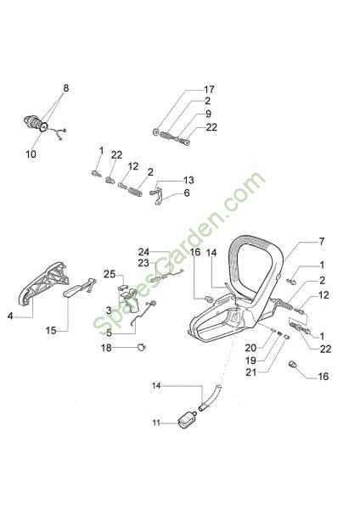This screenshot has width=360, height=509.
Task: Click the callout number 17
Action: [x=209, y=89]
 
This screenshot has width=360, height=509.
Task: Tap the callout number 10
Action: [x=31, y=154]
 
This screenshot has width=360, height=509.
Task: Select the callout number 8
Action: [x=66, y=88]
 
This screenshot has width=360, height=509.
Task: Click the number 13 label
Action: [x=188, y=180]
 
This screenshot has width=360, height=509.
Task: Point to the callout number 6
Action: [x=187, y=193]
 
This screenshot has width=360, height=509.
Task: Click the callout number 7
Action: [x=321, y=242]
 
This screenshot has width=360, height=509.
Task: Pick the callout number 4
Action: [x=10, y=316]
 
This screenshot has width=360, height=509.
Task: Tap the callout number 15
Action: [x=51, y=331]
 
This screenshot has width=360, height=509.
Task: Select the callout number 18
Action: [x=106, y=348]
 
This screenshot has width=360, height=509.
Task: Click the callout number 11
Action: [x=156, y=423]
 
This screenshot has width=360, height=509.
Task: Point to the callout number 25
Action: [x=110, y=274]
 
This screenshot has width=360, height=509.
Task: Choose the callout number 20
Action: [x=250, y=348]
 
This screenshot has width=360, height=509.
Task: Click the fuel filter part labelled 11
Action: [x=187, y=420]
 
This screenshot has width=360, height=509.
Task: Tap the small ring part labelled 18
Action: [x=142, y=347]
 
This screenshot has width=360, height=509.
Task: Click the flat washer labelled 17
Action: [x=155, y=131]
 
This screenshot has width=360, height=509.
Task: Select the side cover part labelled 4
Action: [x=44, y=283]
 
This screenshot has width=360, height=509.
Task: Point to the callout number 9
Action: [x=208, y=114]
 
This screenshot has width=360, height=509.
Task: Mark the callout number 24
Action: [x=143, y=252]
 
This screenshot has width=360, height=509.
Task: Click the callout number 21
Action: [x=250, y=372]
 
